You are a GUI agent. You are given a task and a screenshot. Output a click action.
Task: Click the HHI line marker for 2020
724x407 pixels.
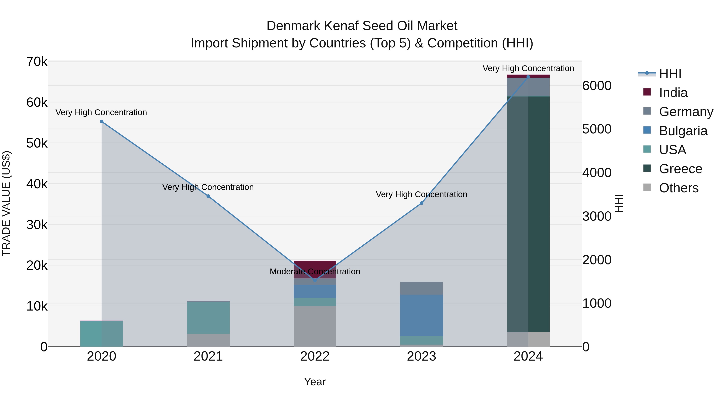[x=102, y=122]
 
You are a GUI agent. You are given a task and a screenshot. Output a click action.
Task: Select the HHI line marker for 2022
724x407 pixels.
[x=315, y=280]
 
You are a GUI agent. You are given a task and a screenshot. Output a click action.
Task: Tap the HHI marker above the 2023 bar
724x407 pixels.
[x=421, y=203]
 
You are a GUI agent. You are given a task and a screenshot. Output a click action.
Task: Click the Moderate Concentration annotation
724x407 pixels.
[x=315, y=272]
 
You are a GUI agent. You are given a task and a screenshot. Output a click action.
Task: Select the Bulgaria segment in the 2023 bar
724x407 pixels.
[x=421, y=315]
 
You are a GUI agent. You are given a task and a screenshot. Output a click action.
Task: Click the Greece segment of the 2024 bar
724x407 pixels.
[x=528, y=213]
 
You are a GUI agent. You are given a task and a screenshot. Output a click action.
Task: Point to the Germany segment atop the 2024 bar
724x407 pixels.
[x=528, y=87]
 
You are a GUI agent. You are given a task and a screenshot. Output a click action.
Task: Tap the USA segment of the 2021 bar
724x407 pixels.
[x=208, y=317]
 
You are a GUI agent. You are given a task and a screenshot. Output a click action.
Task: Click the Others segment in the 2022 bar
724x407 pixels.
[x=315, y=326]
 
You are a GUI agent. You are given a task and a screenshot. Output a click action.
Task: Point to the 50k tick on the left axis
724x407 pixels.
[x=37, y=143]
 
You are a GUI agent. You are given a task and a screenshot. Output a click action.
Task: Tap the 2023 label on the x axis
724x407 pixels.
[x=421, y=356]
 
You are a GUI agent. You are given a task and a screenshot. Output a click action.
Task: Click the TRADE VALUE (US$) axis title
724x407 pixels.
[x=6, y=203]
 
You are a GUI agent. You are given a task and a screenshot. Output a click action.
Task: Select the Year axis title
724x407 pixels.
[x=315, y=382]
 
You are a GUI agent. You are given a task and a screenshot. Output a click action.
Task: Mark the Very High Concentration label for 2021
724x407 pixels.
[x=208, y=187]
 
